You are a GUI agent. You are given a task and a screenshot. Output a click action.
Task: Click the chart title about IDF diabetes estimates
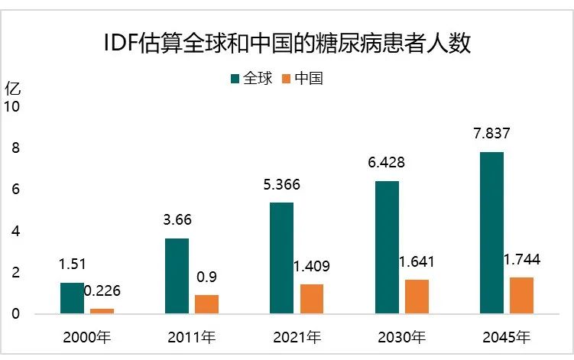(287, 43)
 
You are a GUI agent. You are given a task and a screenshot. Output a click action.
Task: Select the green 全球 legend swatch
(235, 78)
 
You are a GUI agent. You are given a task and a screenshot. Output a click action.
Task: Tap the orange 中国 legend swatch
(287, 78)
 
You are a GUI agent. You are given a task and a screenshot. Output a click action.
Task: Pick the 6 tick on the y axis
(17, 190)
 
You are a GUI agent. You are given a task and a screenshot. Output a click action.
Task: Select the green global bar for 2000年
(72, 297)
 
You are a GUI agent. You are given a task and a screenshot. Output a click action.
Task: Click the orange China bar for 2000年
(102, 310)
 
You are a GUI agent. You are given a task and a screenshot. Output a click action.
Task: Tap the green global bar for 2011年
(177, 275)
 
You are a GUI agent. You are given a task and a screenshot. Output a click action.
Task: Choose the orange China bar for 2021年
(311, 299)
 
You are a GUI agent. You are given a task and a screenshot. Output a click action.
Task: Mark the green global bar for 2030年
(387, 247)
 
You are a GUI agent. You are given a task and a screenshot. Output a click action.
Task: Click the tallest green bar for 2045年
(491, 232)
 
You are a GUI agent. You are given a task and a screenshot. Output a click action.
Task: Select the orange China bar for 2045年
(521, 295)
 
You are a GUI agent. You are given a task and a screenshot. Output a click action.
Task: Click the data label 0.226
(102, 291)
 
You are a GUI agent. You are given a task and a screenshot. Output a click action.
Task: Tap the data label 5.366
(281, 185)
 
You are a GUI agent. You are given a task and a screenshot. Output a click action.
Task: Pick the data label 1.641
(417, 262)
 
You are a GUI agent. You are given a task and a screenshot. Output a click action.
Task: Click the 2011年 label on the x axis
(191, 336)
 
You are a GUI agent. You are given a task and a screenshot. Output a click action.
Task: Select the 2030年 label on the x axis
(401, 336)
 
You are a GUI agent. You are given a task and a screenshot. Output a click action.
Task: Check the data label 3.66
(177, 221)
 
